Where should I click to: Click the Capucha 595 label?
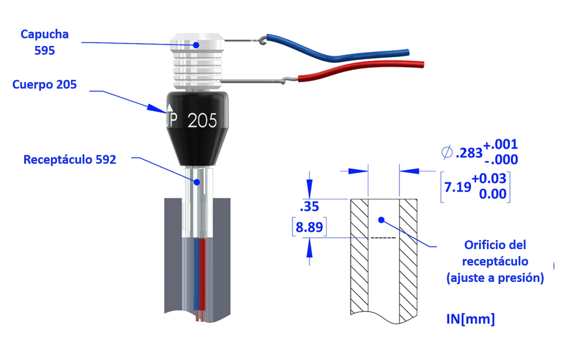tap(44, 42)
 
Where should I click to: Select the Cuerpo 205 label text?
tap(44, 85)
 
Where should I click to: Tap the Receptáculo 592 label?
tap(70, 160)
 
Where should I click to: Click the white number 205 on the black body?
tap(202, 120)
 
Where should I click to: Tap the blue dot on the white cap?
tap(196, 45)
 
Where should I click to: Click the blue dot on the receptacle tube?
tap(197, 182)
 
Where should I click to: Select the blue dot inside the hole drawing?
tap(381, 220)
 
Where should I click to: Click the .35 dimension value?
tap(309, 206)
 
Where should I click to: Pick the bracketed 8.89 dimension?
tap(309, 227)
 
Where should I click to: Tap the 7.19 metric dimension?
tap(457, 187)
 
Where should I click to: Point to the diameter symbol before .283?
tap(447, 152)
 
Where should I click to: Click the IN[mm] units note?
tap(470, 319)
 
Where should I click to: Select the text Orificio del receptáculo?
tap(495, 253)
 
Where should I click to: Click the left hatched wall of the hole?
tap(359, 255)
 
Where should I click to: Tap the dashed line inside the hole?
tap(383, 238)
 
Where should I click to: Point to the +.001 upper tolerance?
tap(500, 144)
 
